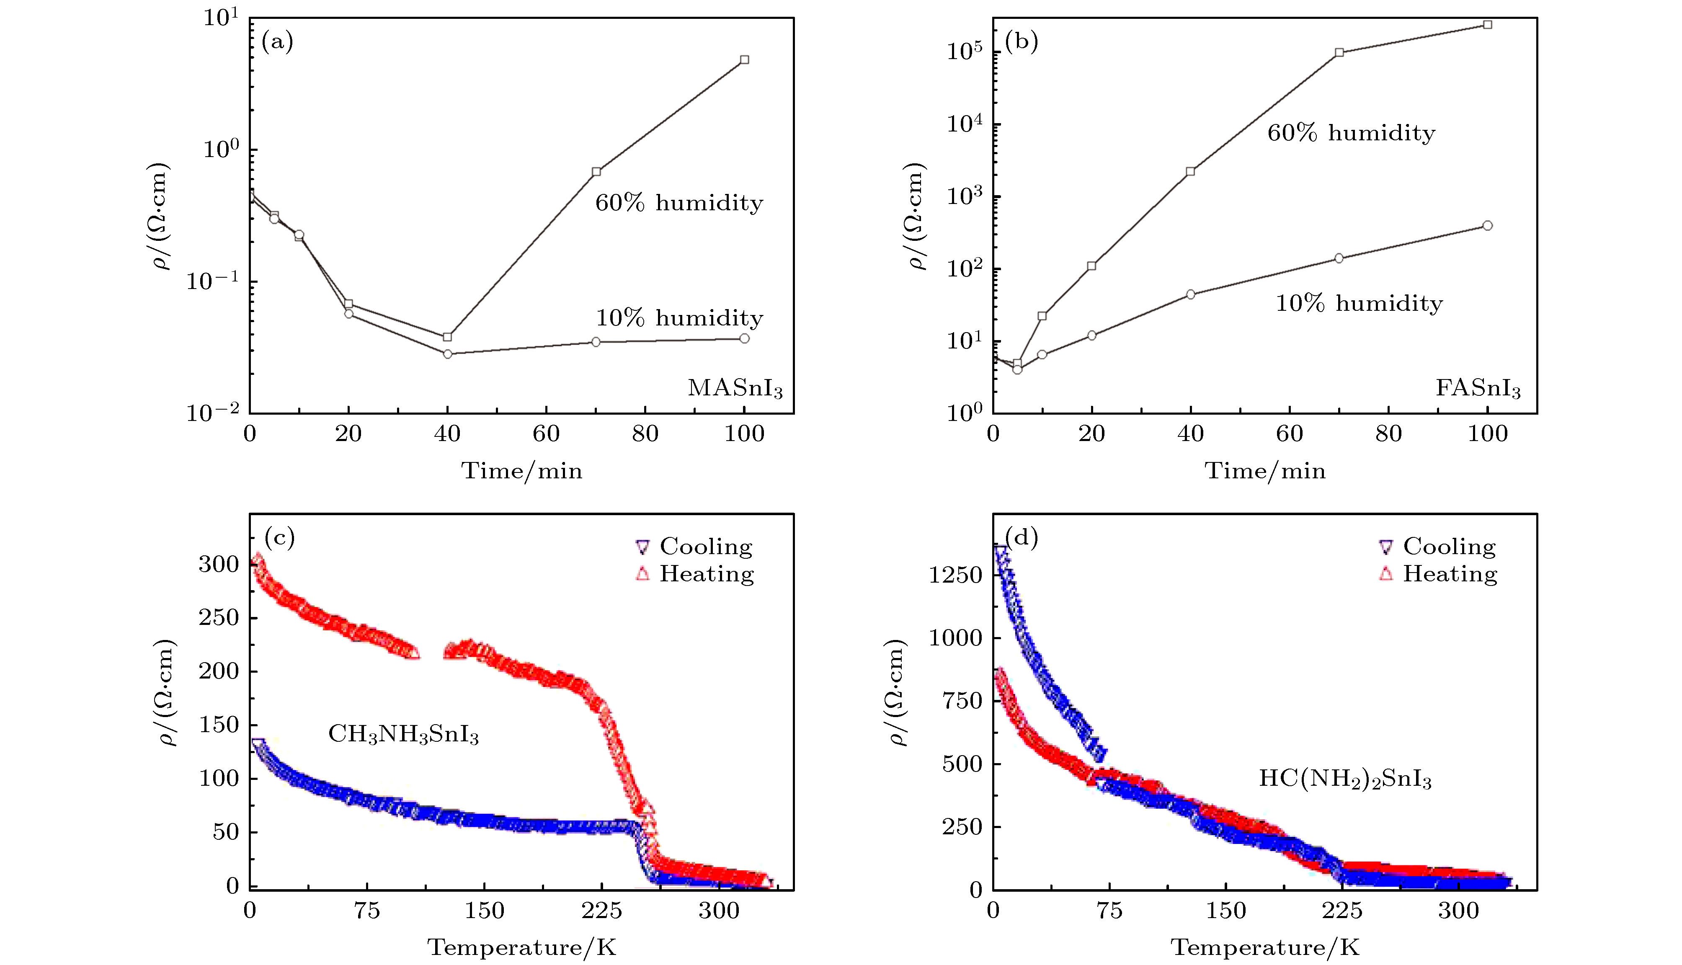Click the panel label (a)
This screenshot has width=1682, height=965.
(277, 42)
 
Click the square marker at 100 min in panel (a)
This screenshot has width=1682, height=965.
(744, 59)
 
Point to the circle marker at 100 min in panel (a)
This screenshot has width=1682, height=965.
(744, 339)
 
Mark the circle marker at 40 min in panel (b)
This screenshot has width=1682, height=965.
(1191, 294)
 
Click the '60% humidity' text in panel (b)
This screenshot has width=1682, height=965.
(1351, 133)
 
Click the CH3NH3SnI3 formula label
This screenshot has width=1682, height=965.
(403, 734)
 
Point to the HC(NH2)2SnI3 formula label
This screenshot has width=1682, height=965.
(1345, 779)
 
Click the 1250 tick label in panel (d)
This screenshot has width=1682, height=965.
(955, 575)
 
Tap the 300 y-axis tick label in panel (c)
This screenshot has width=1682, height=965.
(218, 565)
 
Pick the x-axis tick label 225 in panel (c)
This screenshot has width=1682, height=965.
(602, 911)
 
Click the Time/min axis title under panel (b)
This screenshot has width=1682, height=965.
(1264, 471)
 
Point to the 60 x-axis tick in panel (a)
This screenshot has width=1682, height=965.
(546, 434)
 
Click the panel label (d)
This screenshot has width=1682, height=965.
(1021, 537)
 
